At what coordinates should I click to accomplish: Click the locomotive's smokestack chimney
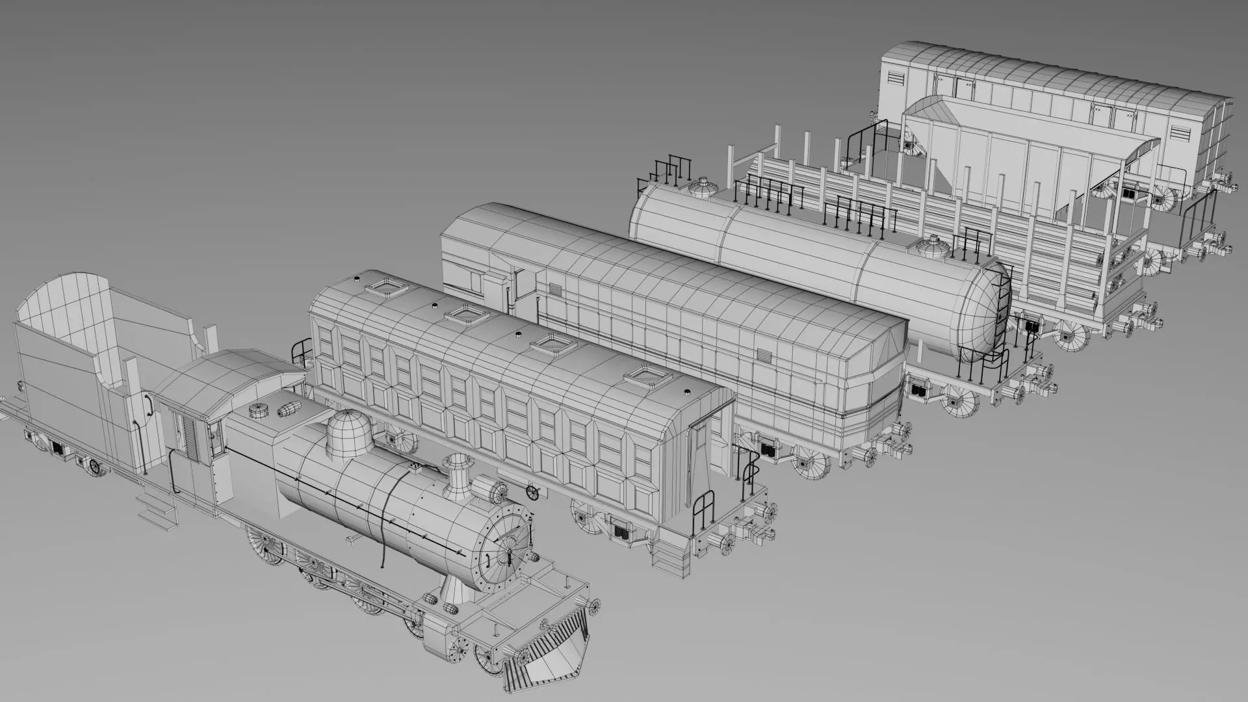[x=456, y=471]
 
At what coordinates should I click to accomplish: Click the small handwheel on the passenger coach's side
[x=533, y=492]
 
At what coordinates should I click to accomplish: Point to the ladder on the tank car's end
[x=1002, y=305]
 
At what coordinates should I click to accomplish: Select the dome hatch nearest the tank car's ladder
[x=933, y=248]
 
